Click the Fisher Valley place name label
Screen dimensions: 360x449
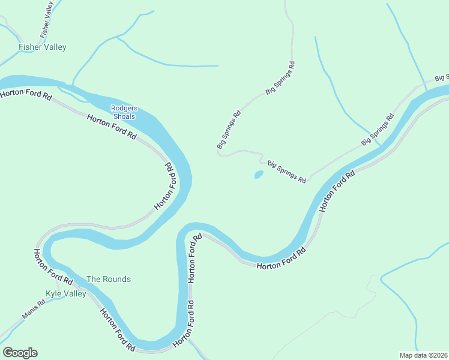(x=42, y=47)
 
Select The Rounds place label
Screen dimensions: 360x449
(x=109, y=279)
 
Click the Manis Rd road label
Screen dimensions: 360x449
(x=34, y=309)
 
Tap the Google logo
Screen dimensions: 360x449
(x=20, y=353)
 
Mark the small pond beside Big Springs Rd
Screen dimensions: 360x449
(x=259, y=175)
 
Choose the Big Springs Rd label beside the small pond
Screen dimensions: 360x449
(x=287, y=172)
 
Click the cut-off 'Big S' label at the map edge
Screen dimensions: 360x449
(x=442, y=78)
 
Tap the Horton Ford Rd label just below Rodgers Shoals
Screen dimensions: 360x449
(x=112, y=127)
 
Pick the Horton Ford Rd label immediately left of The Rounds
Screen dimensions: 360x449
(x=53, y=267)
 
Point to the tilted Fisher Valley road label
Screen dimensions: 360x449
(x=47, y=19)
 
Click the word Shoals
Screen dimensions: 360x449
(x=124, y=116)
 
